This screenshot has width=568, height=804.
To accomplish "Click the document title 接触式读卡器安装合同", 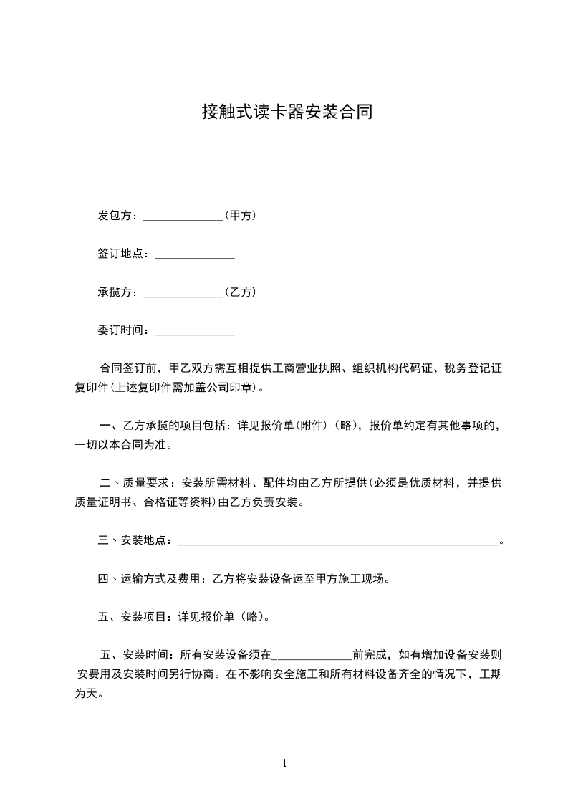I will click(287, 113).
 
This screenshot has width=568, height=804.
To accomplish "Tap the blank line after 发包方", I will click(184, 216).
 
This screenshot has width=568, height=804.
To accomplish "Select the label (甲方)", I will click(241, 215).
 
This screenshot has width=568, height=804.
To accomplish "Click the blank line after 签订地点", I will click(195, 254).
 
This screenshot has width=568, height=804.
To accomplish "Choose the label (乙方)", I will click(241, 292).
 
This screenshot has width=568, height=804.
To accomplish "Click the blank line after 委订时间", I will click(195, 332).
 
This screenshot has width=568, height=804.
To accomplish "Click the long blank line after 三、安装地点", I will click(337, 542).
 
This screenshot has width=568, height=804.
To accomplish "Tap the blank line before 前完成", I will click(312, 655).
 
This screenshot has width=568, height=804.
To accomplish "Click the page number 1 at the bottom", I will click(284, 764).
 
